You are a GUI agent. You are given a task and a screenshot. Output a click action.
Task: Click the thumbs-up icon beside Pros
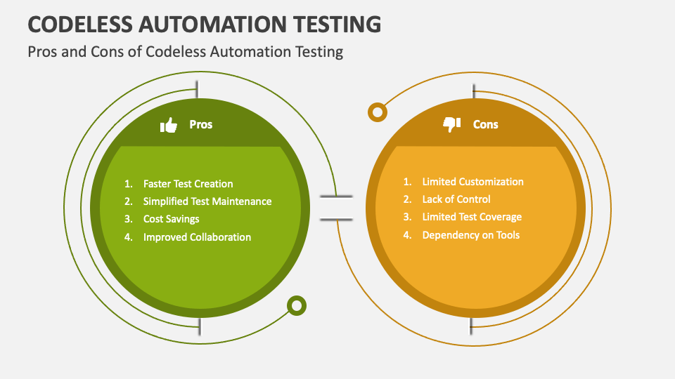[x=168, y=125]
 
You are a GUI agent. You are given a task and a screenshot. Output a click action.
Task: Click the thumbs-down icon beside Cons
[x=451, y=125]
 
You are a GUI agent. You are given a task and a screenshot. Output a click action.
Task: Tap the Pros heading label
[x=201, y=125]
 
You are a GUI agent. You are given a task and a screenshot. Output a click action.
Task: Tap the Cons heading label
[x=486, y=125]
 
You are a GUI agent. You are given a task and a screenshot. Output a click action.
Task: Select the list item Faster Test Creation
[x=188, y=184]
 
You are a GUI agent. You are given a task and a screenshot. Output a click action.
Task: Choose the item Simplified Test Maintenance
[x=207, y=201]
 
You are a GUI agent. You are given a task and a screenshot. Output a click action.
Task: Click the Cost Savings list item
[x=172, y=219]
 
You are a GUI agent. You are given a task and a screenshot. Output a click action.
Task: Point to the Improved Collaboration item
[x=197, y=237]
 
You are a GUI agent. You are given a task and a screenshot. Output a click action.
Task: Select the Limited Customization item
[x=472, y=182]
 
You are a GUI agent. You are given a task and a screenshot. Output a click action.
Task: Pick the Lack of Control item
[x=456, y=199]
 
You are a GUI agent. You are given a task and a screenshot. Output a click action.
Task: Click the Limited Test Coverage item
[x=472, y=217]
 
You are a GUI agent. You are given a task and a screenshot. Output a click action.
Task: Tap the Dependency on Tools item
[x=471, y=235]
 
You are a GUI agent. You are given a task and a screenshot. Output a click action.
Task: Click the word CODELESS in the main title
[x=80, y=24]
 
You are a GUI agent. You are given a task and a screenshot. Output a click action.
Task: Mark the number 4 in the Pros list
[x=128, y=237]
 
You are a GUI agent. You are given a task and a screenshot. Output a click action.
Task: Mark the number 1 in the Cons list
[x=407, y=182]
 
